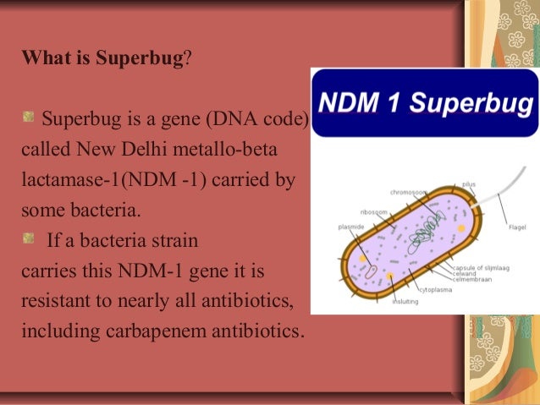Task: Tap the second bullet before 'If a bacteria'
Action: click(28, 239)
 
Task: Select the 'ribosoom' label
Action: click(373, 212)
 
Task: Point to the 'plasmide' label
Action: click(350, 227)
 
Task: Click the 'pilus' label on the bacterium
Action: click(469, 183)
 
